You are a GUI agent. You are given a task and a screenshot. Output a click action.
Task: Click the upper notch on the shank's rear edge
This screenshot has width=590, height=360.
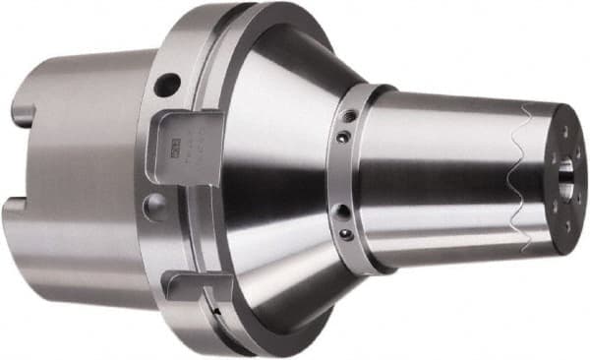coord(22,116)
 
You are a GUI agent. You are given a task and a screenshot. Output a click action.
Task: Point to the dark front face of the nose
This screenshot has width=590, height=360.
coord(564,177)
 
